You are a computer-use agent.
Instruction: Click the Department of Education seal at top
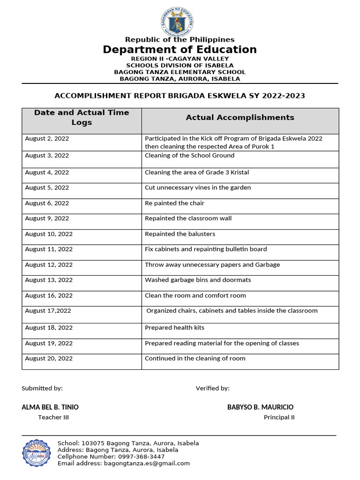pyautogui.click(x=176, y=21)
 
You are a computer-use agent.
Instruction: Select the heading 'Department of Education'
pyautogui.click(x=180, y=50)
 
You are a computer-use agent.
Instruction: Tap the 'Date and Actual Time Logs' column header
pyautogui.click(x=82, y=117)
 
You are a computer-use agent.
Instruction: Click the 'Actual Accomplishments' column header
pyautogui.click(x=240, y=118)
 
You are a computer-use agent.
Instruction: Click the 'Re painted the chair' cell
pyautogui.click(x=174, y=203)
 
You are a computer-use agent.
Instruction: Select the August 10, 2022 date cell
pyautogui.click(x=49, y=234)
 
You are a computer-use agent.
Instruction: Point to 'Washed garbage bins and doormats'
pyautogui.click(x=198, y=280)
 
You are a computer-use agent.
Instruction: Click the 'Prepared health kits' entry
pyautogui.click(x=174, y=328)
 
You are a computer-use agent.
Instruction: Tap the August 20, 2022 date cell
pyautogui.click(x=49, y=359)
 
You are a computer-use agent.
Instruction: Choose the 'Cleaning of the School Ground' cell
pyautogui.click(x=189, y=156)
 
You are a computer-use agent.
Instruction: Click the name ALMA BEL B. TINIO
pyautogui.click(x=50, y=407)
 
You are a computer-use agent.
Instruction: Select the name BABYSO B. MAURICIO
pyautogui.click(x=260, y=407)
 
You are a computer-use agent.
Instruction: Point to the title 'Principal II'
pyautogui.click(x=279, y=417)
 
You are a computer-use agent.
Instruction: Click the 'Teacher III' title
pyautogui.click(x=53, y=417)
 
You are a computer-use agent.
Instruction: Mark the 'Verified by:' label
pyautogui.click(x=212, y=388)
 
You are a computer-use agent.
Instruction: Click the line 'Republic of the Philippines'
pyautogui.click(x=180, y=40)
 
